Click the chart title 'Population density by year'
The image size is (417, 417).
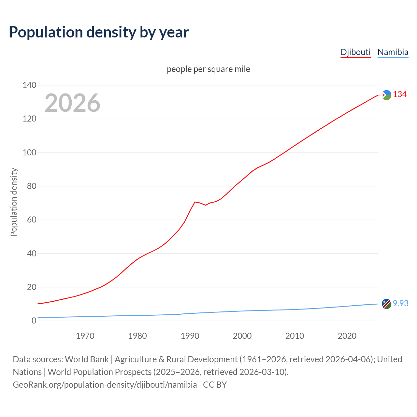(x=99, y=32)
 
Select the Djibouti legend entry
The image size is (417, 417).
(x=355, y=52)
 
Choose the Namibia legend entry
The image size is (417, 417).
(x=393, y=52)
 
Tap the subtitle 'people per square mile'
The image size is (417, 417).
(x=208, y=69)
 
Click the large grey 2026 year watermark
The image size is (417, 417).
(x=72, y=103)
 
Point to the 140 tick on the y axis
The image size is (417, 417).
(x=29, y=85)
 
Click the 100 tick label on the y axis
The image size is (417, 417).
(x=29, y=152)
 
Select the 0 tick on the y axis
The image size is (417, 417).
(x=34, y=321)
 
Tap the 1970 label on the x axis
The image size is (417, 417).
(x=85, y=336)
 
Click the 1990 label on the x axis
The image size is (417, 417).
(x=190, y=336)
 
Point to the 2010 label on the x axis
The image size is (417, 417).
(x=295, y=336)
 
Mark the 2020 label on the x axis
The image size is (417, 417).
(x=347, y=336)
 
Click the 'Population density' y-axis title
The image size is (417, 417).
(x=14, y=202)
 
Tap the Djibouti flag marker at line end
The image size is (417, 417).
(x=386, y=95)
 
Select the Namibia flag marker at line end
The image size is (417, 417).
(x=386, y=304)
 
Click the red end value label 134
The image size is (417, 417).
(x=400, y=94)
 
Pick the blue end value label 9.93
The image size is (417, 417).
(x=400, y=303)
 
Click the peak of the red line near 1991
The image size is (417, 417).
(x=195, y=202)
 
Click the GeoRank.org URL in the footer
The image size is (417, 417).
(x=105, y=385)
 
